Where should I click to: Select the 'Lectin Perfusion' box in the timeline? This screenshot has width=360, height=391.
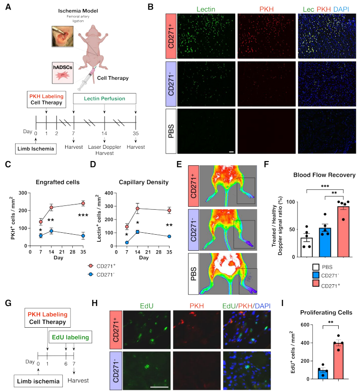tap(104, 99)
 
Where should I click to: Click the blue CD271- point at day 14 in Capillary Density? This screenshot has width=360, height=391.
tap(137, 232)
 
